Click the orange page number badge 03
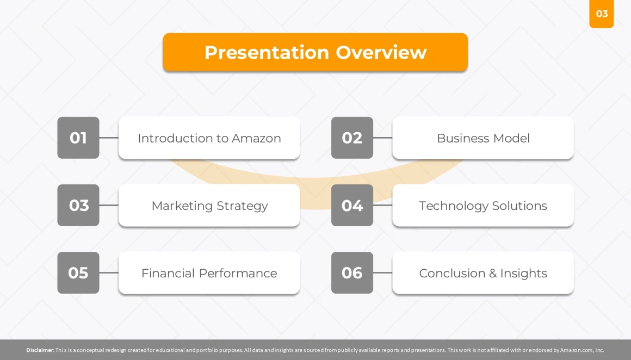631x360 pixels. coord(601,14)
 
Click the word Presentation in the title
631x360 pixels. coord(267,52)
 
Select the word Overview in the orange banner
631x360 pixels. coord(381,52)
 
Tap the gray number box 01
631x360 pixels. coord(78,138)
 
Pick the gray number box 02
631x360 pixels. coord(352,138)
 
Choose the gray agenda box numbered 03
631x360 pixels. coord(78,205)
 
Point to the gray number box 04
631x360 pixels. coord(352,205)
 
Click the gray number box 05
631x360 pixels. coord(78,272)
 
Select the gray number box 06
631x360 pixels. coord(352,272)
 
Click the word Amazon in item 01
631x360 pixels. coord(256,138)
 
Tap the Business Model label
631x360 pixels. coord(483,138)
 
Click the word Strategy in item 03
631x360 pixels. coord(242,206)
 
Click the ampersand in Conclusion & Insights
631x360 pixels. coord(493,274)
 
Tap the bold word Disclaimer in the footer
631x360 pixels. coord(40,350)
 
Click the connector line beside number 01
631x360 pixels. coord(109,138)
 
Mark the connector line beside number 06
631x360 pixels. coord(383,272)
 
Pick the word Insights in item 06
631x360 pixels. coord(523,274)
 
